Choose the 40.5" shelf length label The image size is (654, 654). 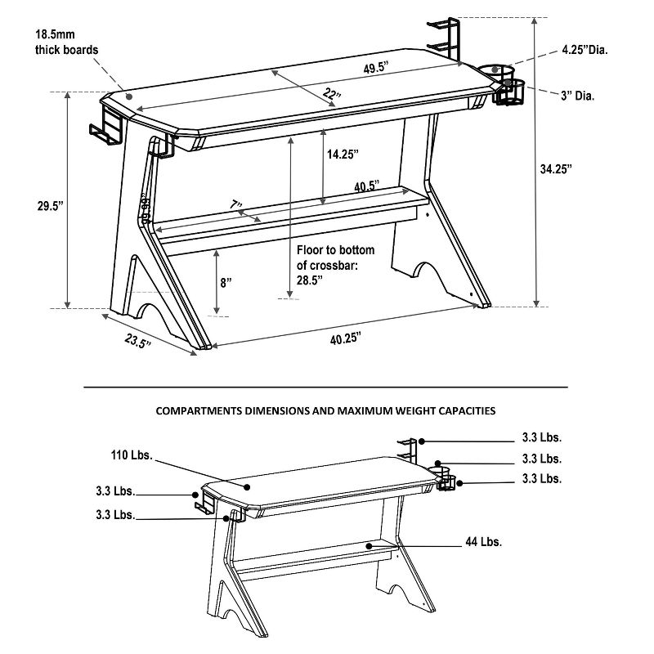[x=365, y=186]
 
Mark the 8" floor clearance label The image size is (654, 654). [x=226, y=282]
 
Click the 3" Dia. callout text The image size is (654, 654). [x=577, y=96]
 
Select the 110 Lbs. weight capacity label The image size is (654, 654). [x=132, y=455]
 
